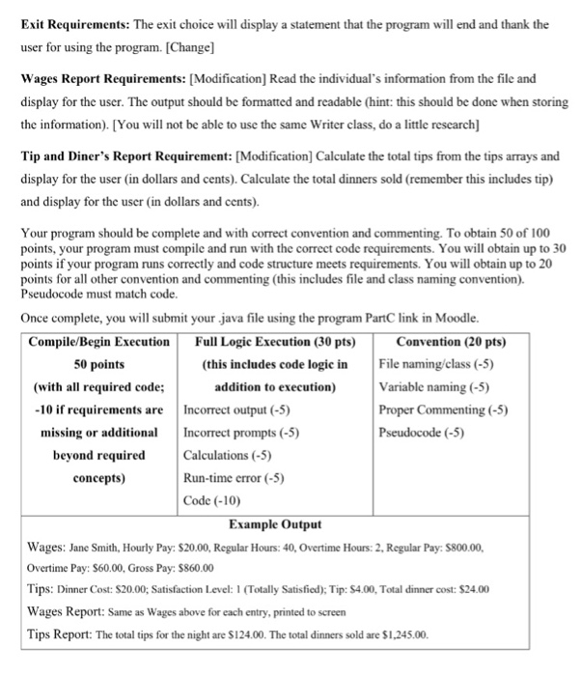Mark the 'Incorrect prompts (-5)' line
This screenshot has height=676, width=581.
[x=239, y=433]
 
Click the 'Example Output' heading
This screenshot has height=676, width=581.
[x=275, y=523]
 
